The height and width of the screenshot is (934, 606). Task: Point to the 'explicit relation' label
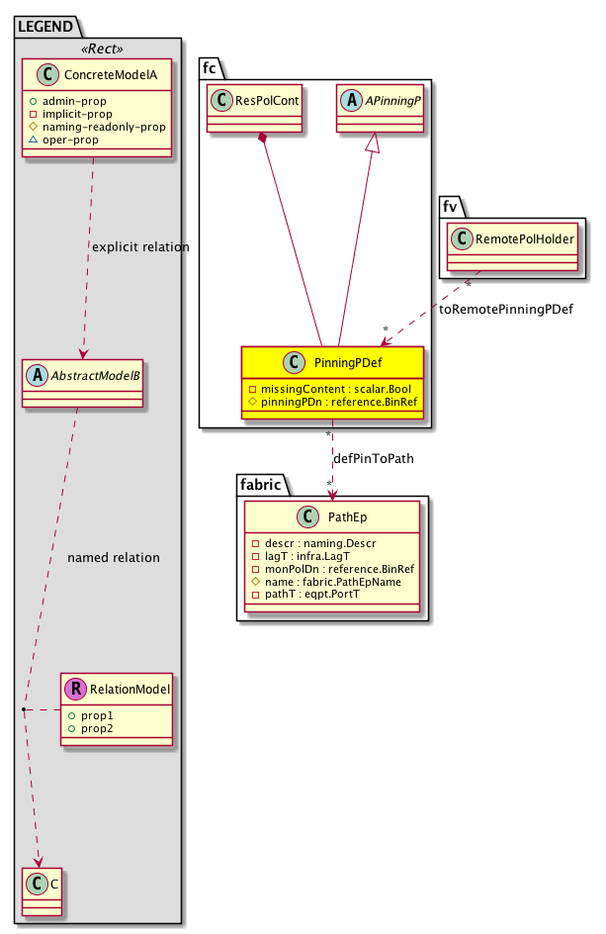point(138,245)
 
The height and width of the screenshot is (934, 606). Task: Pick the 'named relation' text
point(113,557)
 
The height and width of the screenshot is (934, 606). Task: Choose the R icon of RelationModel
point(75,690)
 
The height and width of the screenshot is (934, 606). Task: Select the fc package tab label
point(210,66)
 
